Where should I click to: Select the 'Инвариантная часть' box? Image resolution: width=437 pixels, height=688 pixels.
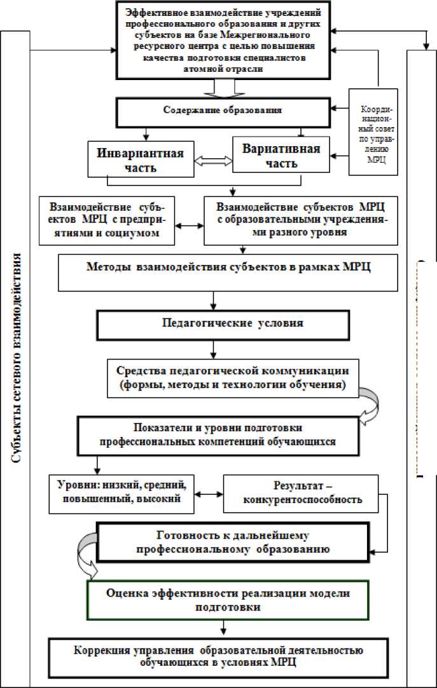pos(140,161)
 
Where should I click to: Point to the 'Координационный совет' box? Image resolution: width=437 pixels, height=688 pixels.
pos(375,132)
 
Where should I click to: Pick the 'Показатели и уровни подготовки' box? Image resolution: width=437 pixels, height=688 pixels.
pos(235,434)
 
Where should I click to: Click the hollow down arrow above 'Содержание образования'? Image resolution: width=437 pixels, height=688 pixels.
pos(226,88)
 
